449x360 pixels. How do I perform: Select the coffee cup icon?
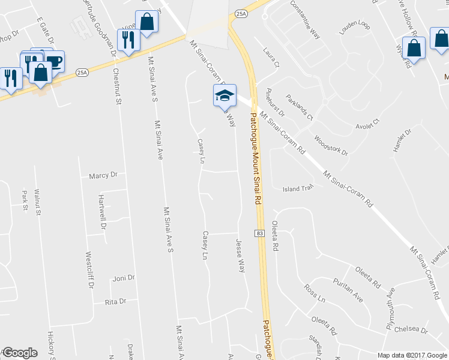tap(54, 61)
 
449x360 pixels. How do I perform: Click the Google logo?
tap(19, 353)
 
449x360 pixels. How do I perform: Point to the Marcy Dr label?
tap(103, 176)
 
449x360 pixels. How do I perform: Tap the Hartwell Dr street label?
tap(103, 212)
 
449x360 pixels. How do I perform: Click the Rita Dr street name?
tap(115, 301)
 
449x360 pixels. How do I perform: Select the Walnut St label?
tap(37, 202)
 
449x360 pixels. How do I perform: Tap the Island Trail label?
tap(298, 188)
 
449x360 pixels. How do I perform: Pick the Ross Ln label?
tap(315, 294)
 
